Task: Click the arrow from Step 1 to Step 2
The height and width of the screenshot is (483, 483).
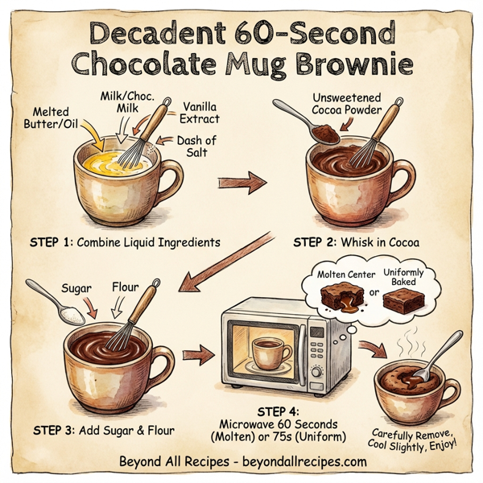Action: (242, 184)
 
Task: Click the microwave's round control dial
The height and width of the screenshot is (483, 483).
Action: (316, 371)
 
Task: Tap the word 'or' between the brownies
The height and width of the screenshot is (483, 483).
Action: (372, 292)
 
